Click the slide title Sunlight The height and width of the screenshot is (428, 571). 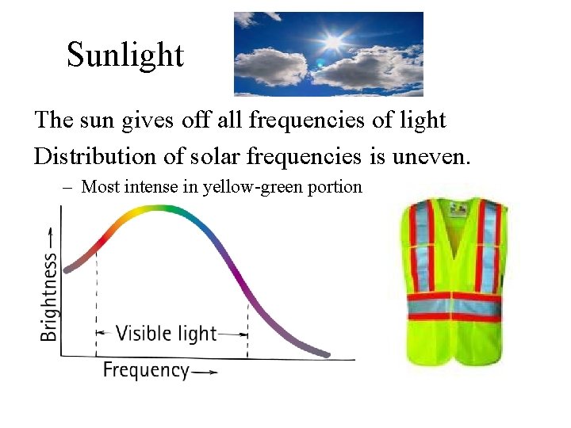(x=125, y=55)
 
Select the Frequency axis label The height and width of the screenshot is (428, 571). (x=146, y=370)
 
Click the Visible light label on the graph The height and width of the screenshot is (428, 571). (x=166, y=333)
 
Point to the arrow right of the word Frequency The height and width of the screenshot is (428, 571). (x=204, y=371)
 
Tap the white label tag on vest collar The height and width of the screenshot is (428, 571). (x=457, y=209)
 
